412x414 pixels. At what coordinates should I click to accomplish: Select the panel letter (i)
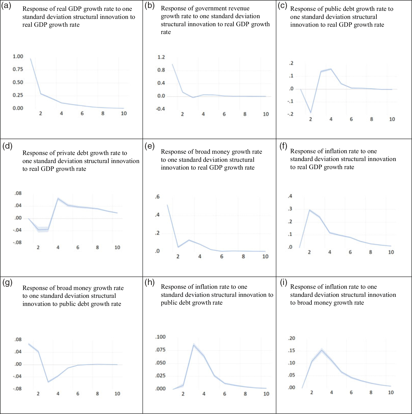point(283,283)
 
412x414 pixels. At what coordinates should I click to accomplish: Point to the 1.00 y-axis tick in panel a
point(18,56)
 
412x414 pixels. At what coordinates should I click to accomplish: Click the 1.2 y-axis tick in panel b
point(161,57)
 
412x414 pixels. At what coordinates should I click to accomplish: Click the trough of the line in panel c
point(311,112)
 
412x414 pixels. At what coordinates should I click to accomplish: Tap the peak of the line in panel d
point(58,198)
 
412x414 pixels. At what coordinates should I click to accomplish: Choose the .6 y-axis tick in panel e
point(157,197)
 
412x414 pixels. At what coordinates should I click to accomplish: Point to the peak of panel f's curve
point(309,210)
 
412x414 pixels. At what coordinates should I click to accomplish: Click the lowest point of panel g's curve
point(48,382)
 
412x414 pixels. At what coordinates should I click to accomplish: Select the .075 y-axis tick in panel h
point(161,350)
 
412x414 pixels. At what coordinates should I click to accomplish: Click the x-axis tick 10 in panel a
point(124,113)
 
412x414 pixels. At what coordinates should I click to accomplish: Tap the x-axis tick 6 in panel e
point(222,257)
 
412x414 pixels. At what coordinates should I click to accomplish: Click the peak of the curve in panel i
point(322,350)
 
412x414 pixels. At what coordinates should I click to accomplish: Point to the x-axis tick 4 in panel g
point(58,394)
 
